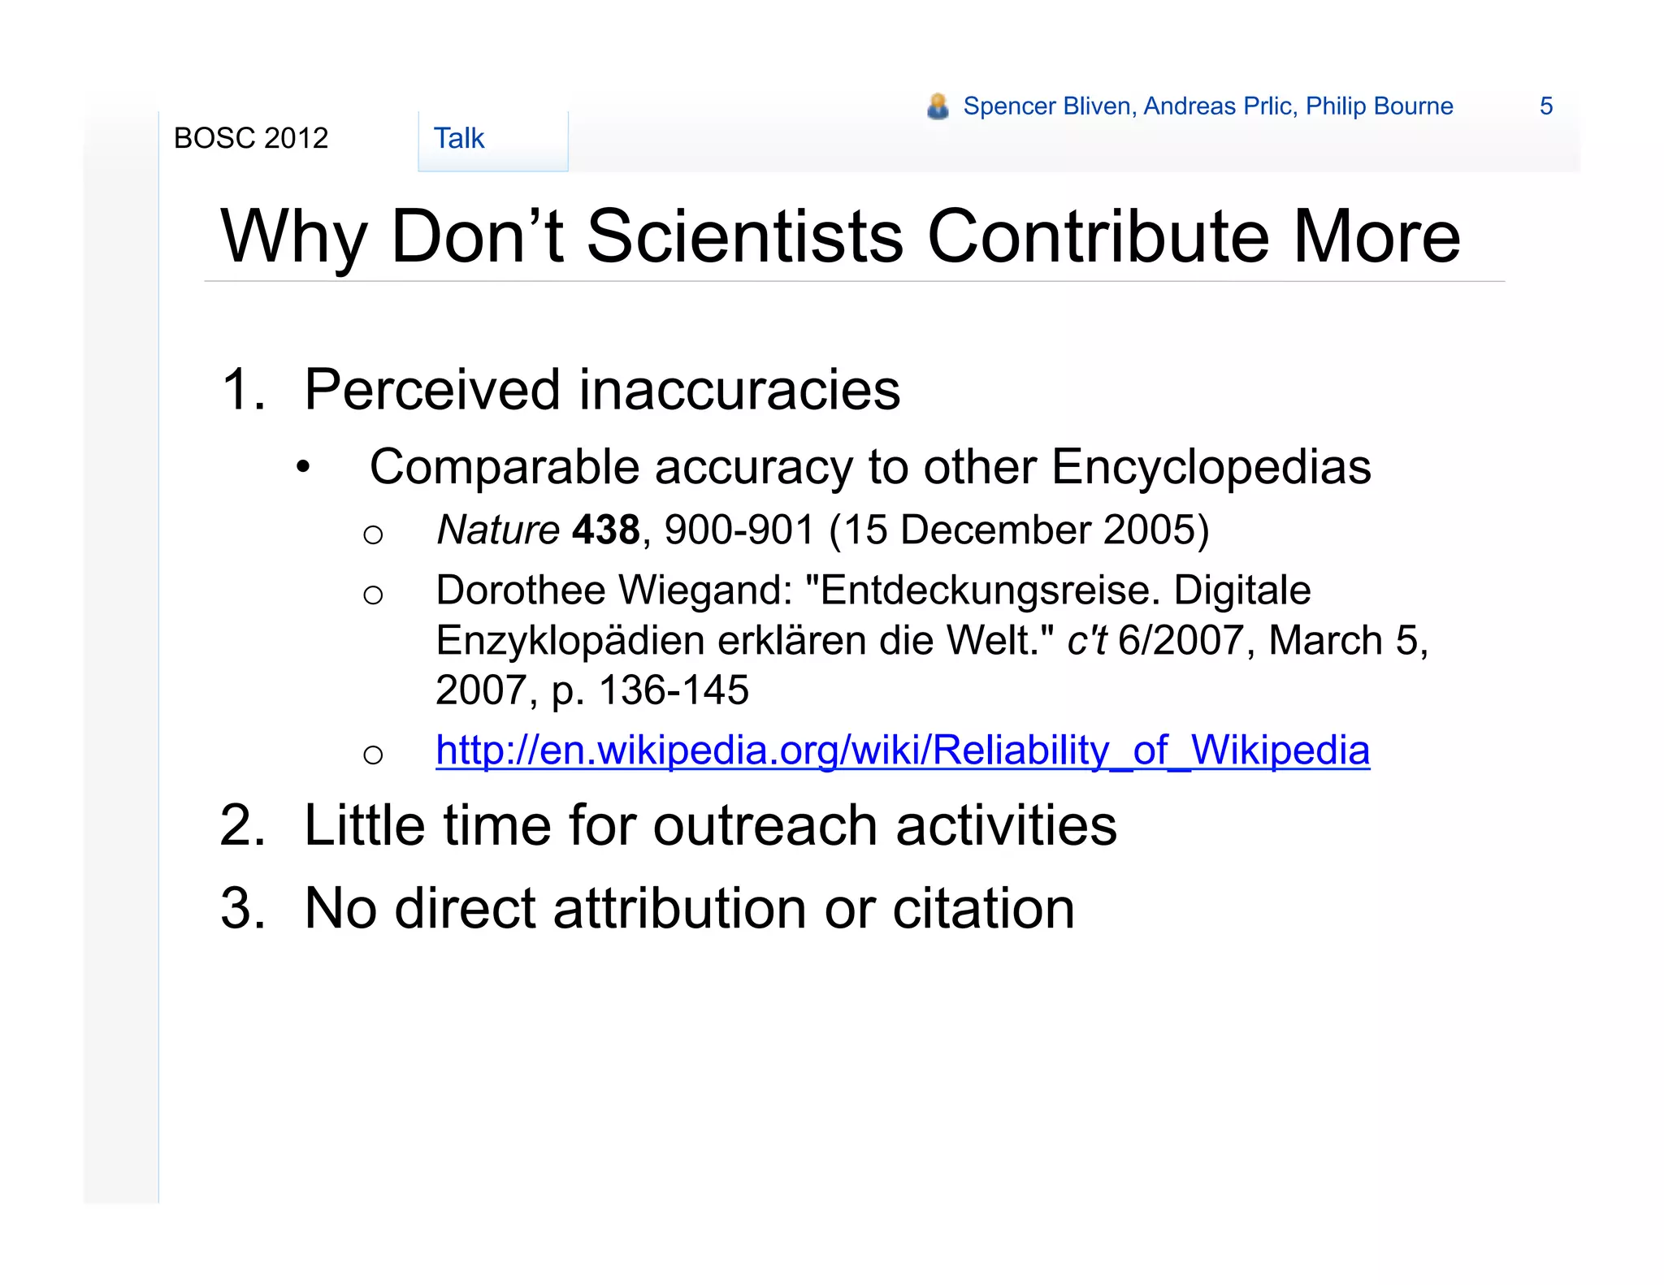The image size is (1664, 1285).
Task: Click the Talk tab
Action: pos(459,139)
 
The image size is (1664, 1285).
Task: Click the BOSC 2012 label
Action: pos(251,139)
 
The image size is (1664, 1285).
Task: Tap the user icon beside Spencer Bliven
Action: pos(938,106)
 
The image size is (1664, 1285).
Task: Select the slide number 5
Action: pos(1545,106)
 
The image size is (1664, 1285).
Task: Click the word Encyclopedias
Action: pos(1211,467)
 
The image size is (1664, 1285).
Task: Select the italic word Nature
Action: pos(498,530)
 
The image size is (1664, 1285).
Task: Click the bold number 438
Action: pos(606,530)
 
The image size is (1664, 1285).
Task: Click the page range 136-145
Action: pos(674,690)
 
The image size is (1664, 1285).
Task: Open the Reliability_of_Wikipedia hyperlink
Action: pos(902,750)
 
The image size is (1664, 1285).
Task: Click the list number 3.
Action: pos(242,908)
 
